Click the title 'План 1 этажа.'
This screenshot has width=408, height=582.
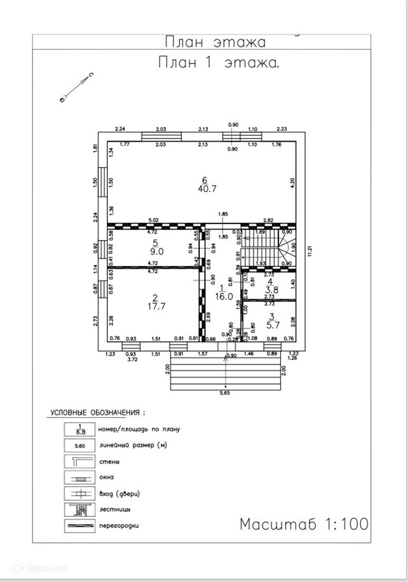219,63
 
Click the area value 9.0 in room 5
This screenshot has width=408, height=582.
155,252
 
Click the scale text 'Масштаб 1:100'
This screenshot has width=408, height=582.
304,524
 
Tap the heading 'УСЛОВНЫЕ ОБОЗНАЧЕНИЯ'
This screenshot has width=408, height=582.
97,412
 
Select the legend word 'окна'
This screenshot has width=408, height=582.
106,477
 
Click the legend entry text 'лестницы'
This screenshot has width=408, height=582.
115,510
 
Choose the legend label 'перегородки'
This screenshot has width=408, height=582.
119,526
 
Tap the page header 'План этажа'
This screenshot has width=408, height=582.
215,42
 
